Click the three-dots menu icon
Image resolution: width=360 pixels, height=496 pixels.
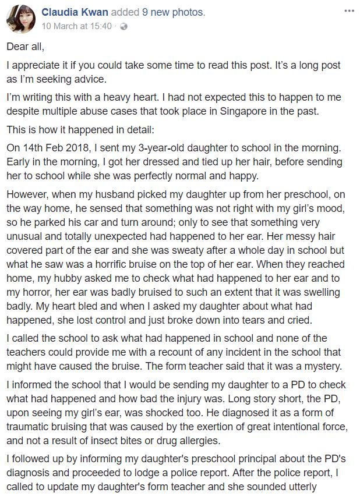pyautogui.click(x=349, y=11)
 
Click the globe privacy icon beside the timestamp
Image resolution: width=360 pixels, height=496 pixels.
pyautogui.click(x=124, y=27)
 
